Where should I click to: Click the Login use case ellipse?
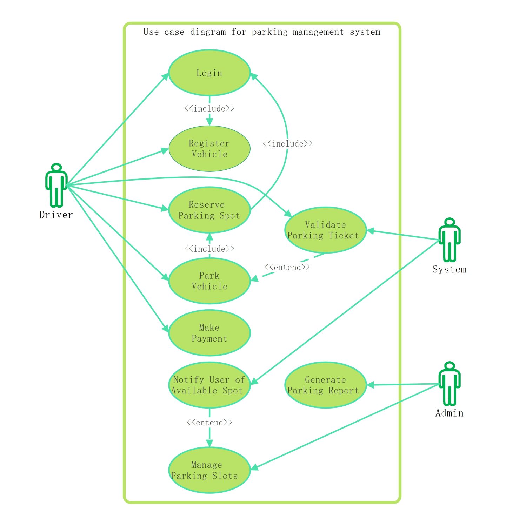click(x=209, y=73)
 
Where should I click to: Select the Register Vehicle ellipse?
click(x=209, y=149)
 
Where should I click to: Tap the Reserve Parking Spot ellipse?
click(x=209, y=210)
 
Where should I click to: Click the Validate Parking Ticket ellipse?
click(x=326, y=230)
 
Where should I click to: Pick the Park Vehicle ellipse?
click(x=209, y=281)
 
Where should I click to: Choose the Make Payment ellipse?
click(x=209, y=333)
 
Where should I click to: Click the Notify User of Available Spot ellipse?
click(x=209, y=385)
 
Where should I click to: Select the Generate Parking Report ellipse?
click(x=326, y=385)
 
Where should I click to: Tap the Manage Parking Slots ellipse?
click(x=209, y=470)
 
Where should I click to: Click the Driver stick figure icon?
click(x=56, y=185)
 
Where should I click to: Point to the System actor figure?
click(x=450, y=240)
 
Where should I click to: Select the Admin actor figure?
click(x=450, y=384)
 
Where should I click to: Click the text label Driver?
click(x=56, y=215)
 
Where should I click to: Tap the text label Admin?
click(x=450, y=413)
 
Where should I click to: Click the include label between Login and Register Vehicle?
click(x=209, y=108)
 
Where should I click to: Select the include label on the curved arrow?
click(x=287, y=143)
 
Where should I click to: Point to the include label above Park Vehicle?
click(x=209, y=249)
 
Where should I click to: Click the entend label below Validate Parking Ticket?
click(x=287, y=267)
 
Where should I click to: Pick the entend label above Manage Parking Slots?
click(x=209, y=422)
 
